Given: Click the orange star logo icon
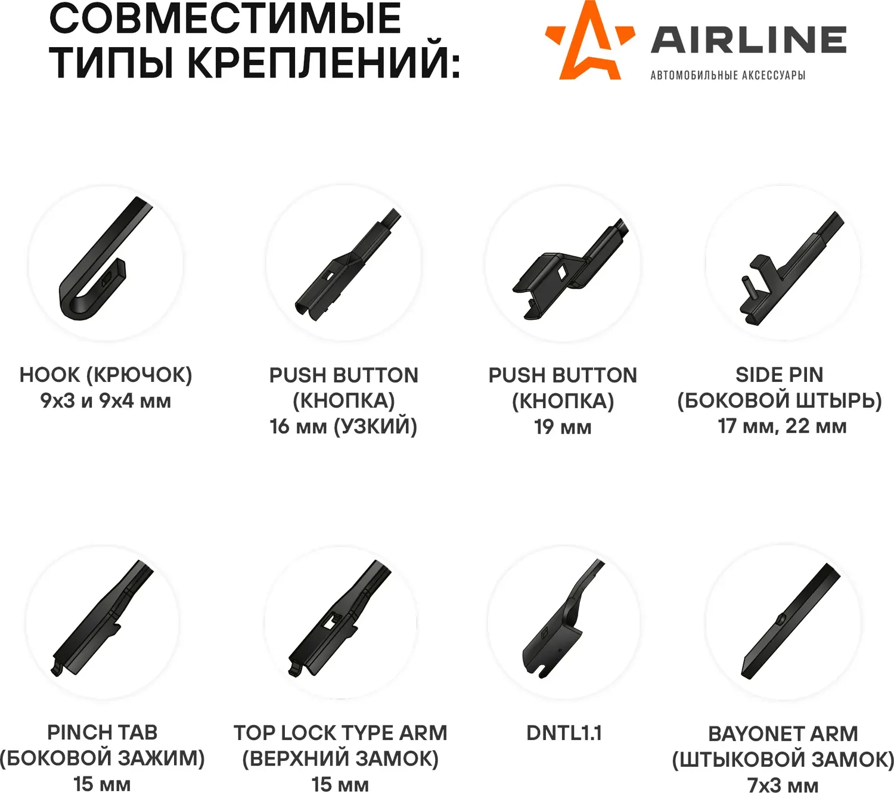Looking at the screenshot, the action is pos(590,42).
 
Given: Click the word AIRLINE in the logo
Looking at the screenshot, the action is pos(749,40).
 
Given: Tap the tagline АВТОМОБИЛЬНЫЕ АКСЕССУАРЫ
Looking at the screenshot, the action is pos(728,75).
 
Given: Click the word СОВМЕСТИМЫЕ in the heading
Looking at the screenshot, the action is pos(225,19).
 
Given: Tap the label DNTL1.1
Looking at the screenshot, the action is pos(564,733).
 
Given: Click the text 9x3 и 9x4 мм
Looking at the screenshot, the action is pos(105,401).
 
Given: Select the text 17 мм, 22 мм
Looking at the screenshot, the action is pos(783,426).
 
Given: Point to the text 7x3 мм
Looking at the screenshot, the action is pos(783,785).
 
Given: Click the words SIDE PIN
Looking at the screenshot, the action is pos(780,375).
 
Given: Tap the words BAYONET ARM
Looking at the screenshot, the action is pos(783,734).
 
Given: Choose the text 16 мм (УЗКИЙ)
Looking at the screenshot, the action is pos(343,427).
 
